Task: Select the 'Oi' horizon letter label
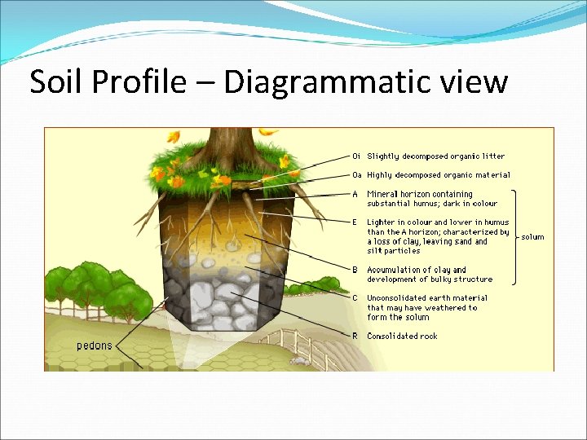point(356,156)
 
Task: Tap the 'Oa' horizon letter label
point(357,174)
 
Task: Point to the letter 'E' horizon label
point(355,222)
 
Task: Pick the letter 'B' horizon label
point(355,270)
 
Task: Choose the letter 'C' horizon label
point(355,298)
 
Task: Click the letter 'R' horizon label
point(355,336)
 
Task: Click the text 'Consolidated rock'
point(402,336)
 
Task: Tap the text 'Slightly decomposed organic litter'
point(435,156)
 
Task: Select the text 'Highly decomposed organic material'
point(439,174)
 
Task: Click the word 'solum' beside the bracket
point(533,237)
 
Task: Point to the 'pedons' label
point(95,345)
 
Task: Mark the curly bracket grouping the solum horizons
point(514,237)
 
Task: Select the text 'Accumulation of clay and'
point(417,270)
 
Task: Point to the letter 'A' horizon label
point(355,194)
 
